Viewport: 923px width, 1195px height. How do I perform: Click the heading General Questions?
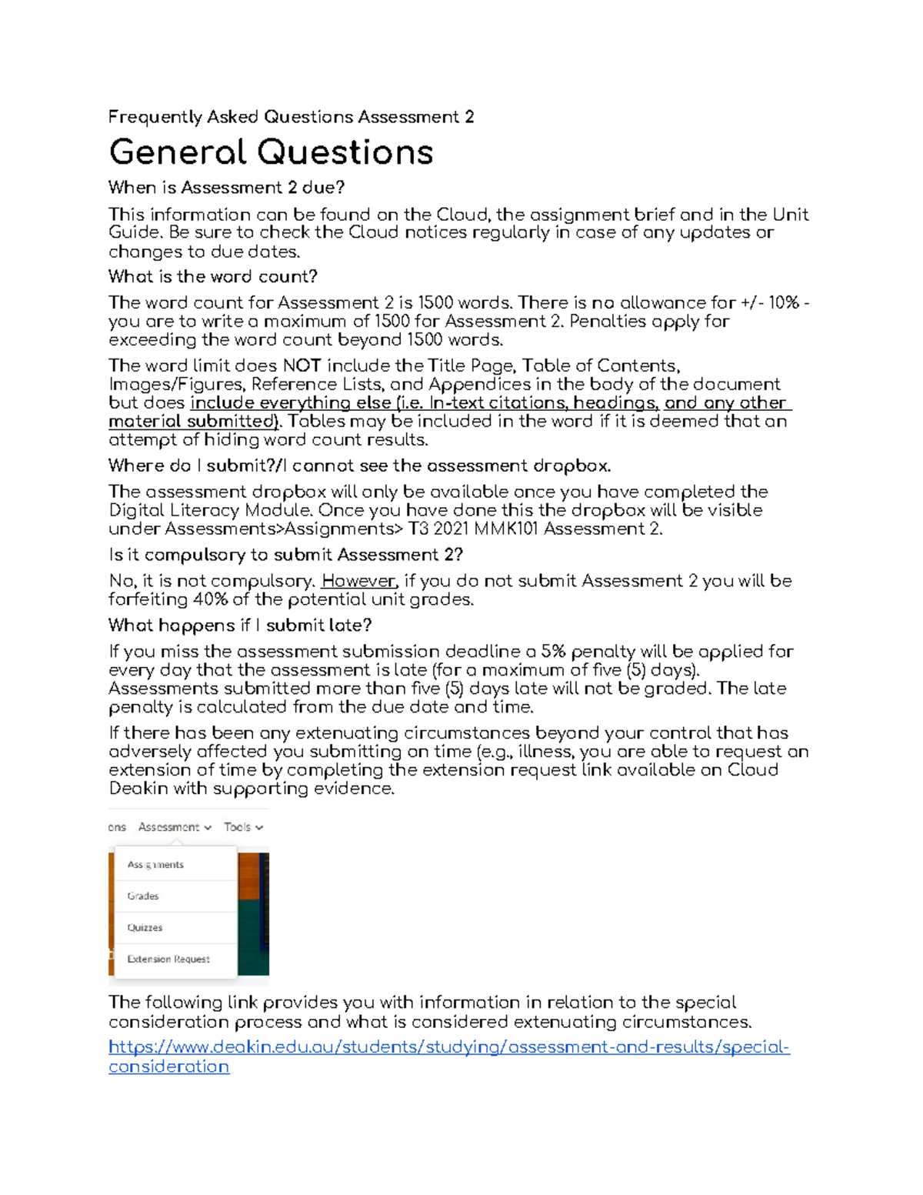(271, 152)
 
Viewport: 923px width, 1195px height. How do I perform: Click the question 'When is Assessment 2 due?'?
(226, 188)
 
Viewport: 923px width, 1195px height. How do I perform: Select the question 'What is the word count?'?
(212, 276)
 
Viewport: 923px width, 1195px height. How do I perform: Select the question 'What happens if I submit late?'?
(240, 625)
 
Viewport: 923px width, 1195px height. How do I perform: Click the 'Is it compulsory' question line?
(285, 555)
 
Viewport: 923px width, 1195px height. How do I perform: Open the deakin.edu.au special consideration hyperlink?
(448, 1047)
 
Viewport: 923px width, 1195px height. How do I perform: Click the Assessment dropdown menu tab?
(175, 827)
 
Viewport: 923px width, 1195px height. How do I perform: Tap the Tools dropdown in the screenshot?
(243, 827)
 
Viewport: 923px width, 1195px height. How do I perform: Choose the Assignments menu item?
(155, 865)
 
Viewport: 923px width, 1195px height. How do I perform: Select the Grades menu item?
(143, 896)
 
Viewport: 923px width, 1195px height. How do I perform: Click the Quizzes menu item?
(145, 928)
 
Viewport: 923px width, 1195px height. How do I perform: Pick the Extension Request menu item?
(168, 960)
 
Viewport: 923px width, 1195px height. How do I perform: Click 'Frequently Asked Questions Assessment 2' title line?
(291, 117)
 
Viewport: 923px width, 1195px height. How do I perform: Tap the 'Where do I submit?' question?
(359, 466)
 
